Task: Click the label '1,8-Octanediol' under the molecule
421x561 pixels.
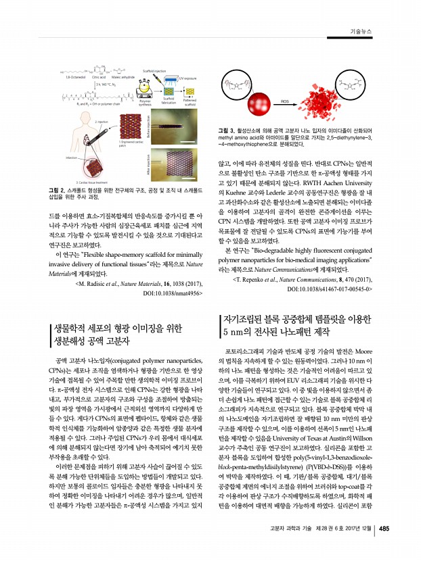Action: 71,76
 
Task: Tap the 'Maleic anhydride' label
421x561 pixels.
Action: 125,76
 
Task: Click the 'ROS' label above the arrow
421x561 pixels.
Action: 286,100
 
